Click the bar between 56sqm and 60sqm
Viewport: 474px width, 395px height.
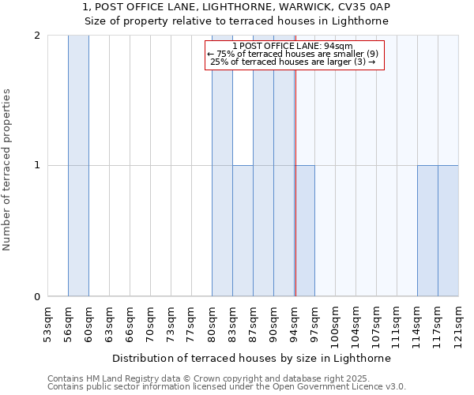click(x=78, y=166)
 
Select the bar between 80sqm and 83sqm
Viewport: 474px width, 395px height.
click(x=222, y=166)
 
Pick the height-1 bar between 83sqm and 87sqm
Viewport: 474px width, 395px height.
click(x=243, y=231)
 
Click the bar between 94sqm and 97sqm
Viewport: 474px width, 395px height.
click(x=305, y=231)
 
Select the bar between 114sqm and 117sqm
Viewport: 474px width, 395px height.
click(x=427, y=231)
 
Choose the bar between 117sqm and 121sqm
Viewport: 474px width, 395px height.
click(x=448, y=231)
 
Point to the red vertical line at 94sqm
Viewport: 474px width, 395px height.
click(x=295, y=197)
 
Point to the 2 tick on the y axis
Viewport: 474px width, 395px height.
click(x=38, y=36)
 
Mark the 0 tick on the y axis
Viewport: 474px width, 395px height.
click(x=38, y=297)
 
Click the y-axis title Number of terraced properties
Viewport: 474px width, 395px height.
click(x=7, y=170)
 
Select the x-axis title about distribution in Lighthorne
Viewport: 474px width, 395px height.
click(x=253, y=358)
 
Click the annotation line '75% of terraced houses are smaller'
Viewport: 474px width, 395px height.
click(x=293, y=54)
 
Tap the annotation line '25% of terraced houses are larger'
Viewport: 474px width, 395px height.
click(x=293, y=62)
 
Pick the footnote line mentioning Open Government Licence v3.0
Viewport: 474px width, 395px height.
click(x=227, y=387)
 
